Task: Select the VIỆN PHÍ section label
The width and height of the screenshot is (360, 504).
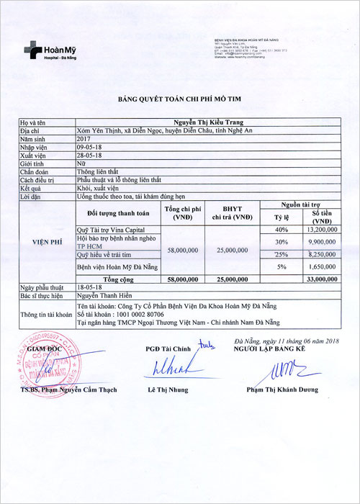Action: [45, 243]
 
